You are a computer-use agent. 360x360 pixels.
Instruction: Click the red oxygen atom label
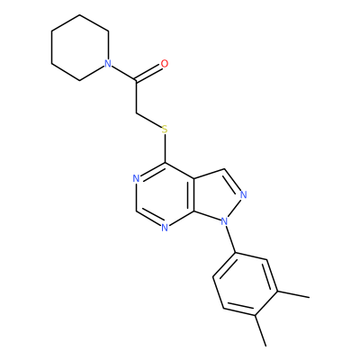pyautogui.click(x=165, y=64)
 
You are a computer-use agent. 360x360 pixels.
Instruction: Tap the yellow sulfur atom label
pyautogui.click(x=165, y=130)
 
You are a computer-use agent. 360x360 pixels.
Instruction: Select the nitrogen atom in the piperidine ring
pyautogui.click(x=108, y=64)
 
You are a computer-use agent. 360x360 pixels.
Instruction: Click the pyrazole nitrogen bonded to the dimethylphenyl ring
pyautogui.click(x=224, y=222)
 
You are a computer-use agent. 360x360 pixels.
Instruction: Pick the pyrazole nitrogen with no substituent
pyautogui.click(x=244, y=195)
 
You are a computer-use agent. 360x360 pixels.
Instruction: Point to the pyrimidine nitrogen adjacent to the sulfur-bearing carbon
pyautogui.click(x=136, y=179)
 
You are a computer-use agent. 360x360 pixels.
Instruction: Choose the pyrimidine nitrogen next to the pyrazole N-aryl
pyautogui.click(x=165, y=228)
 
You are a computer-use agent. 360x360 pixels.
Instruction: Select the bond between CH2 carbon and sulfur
pyautogui.click(x=148, y=121)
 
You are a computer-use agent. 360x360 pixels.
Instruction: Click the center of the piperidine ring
pyautogui.click(x=80, y=48)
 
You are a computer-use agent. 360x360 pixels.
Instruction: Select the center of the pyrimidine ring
pyautogui.click(x=165, y=195)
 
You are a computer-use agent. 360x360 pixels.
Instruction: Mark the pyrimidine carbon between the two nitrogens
pyautogui.click(x=136, y=211)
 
